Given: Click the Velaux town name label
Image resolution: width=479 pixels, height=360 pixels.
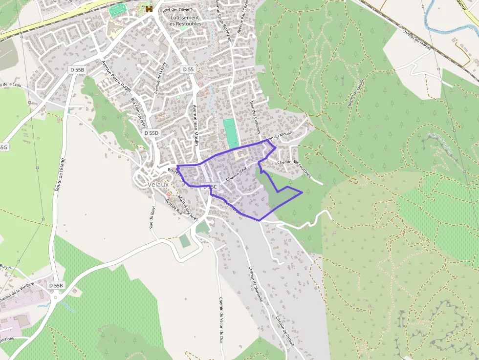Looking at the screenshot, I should (x=158, y=185).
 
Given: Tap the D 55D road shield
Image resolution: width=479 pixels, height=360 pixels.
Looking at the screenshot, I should (x=152, y=133).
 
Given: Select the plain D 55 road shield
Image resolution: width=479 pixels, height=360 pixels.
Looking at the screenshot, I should (x=188, y=69).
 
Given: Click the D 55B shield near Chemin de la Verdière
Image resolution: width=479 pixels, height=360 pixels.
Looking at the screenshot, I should (x=56, y=285).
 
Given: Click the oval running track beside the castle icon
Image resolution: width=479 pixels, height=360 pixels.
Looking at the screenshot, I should (x=117, y=9).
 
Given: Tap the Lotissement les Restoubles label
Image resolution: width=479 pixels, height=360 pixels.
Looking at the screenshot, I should (x=184, y=21).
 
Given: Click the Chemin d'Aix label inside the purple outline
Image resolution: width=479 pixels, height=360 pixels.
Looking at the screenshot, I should (x=238, y=174).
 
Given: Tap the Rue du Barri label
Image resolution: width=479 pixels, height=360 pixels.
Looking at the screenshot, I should (x=152, y=217).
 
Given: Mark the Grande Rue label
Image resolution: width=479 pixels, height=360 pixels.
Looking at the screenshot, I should (x=174, y=207).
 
